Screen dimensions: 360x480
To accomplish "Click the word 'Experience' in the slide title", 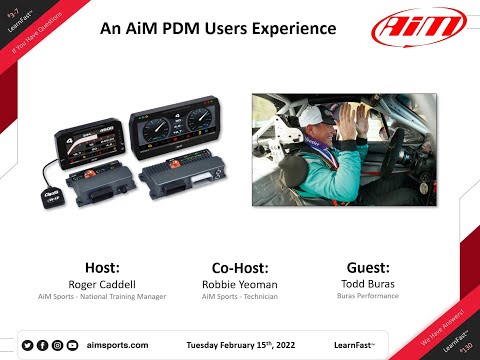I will tap(297, 29).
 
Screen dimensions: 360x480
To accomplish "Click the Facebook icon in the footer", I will tap(43, 344).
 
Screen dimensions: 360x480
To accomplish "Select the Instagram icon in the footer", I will tap(58, 344).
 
